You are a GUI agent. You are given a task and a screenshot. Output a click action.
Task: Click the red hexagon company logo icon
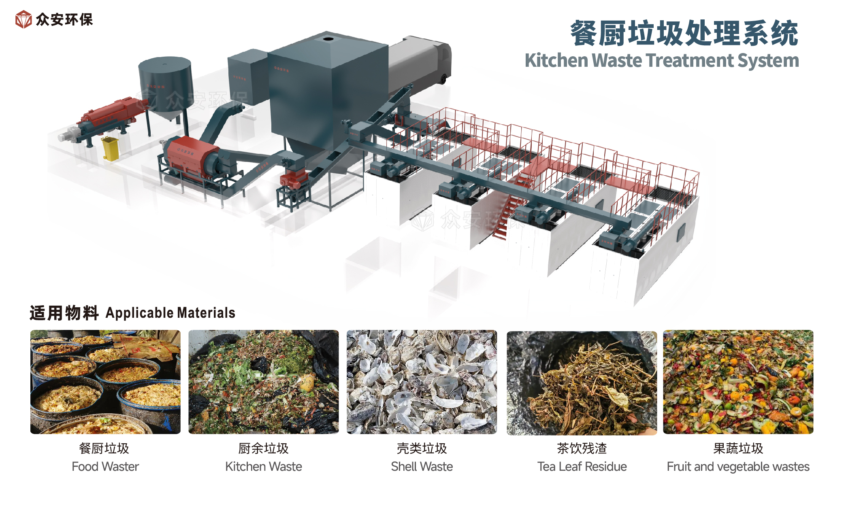click(x=23, y=19)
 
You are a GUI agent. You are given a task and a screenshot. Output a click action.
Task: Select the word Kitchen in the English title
click(x=556, y=60)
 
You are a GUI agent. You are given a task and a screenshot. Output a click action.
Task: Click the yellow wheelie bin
click(x=111, y=149)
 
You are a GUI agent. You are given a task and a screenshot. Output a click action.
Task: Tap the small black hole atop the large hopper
click(x=328, y=39)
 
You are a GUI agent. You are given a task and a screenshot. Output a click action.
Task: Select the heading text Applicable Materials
click(x=170, y=313)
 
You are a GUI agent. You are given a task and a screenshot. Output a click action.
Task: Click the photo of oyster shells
click(x=422, y=382)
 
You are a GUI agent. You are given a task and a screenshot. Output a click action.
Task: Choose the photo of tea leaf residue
click(x=582, y=383)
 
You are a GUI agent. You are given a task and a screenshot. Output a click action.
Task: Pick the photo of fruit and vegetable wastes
click(x=738, y=382)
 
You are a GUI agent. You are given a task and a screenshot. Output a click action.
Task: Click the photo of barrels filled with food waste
click(x=105, y=382)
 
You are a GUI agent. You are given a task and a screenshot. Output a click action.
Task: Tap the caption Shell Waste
click(x=422, y=466)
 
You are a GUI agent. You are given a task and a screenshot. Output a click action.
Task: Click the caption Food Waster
click(x=105, y=466)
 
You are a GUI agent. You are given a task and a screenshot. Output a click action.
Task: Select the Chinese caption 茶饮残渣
click(x=582, y=448)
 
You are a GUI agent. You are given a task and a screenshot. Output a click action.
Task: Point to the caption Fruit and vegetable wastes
click(x=738, y=466)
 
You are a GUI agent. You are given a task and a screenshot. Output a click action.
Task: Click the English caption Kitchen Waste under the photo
click(x=263, y=466)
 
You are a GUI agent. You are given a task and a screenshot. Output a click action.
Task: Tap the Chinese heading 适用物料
click(x=64, y=313)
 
